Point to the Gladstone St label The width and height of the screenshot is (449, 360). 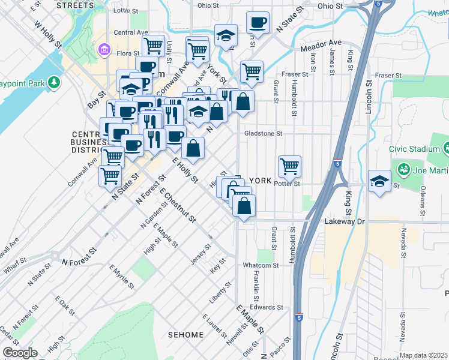(263, 134)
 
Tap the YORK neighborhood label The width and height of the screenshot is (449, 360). (261, 181)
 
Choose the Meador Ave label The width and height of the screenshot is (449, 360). (321, 43)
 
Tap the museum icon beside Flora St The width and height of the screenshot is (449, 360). (104, 48)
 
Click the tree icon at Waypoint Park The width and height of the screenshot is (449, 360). (54, 81)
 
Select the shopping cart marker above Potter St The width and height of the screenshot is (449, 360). (289, 166)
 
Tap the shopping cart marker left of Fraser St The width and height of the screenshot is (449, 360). (252, 71)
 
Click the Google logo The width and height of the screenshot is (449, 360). (20, 353)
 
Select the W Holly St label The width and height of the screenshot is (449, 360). (48, 35)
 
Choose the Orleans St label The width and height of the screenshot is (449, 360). (423, 209)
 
